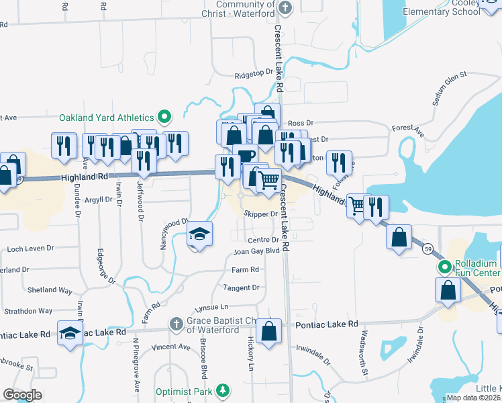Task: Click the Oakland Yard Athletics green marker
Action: pos(163,117)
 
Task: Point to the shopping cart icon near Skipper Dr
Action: pos(269,179)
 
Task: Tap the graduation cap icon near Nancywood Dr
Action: pos(199,234)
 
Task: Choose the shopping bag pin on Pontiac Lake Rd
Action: pos(268,330)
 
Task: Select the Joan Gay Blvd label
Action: pos(256,252)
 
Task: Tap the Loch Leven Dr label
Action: pos(30,249)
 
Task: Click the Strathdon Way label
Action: pos(28,311)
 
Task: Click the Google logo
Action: pos(23,395)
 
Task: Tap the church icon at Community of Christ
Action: pos(286,9)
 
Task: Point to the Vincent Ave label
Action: pos(170,347)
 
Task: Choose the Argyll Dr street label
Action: pos(97,200)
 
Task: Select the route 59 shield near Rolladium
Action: pos(427,249)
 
